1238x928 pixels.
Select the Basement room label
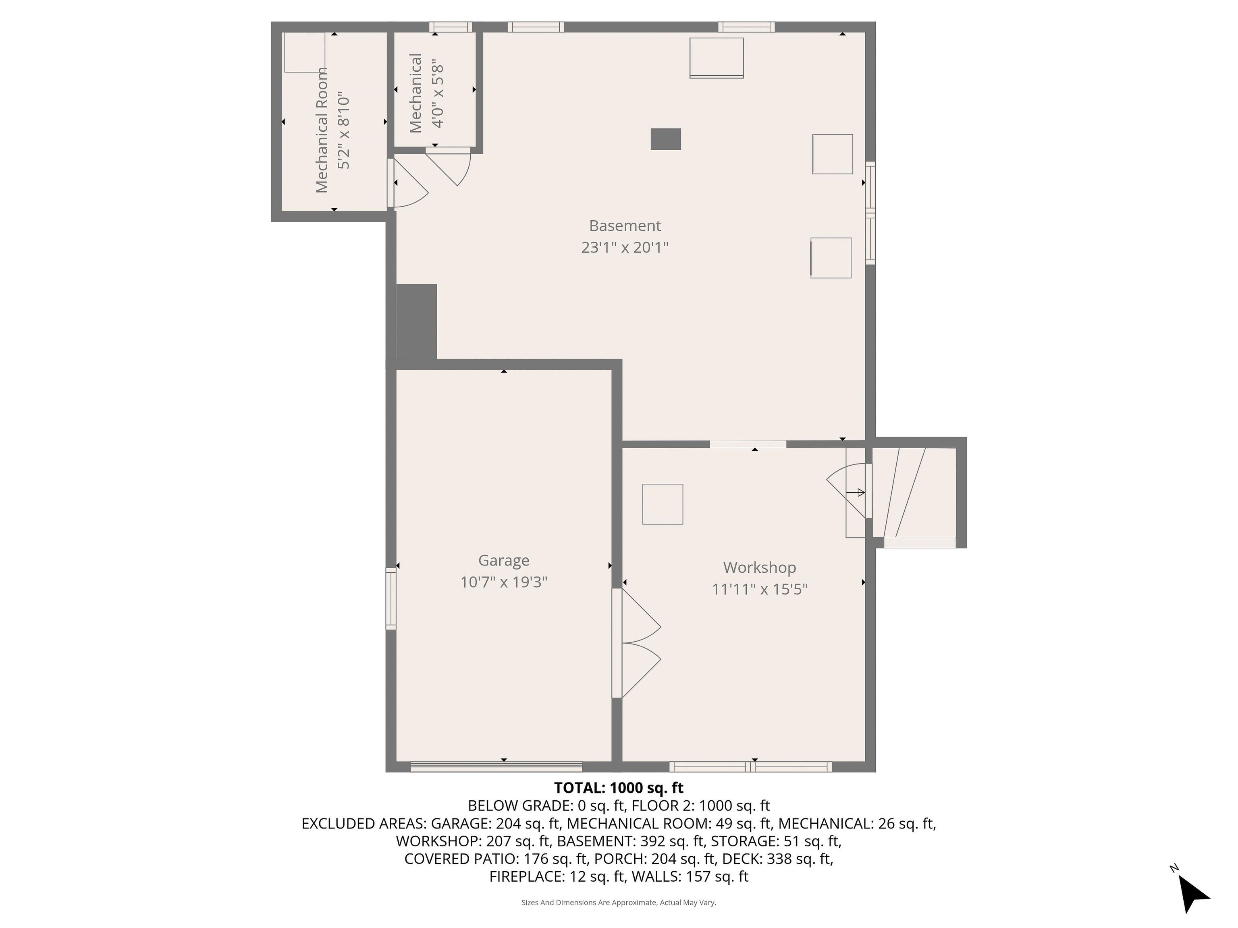tap(625, 226)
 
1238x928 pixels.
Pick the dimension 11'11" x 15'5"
tap(760, 589)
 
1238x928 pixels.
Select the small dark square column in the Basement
tap(665, 139)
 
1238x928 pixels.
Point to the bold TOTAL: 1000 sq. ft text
tap(619, 787)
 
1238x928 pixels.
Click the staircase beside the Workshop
tap(914, 492)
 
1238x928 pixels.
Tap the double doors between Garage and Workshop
tap(636, 643)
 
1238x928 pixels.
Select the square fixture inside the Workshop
tap(663, 504)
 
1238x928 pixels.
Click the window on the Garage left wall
tap(391, 599)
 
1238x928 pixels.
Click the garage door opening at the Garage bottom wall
tap(496, 767)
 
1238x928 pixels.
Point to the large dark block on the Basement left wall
tap(416, 322)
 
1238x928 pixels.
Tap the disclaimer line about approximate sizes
tap(619, 902)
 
